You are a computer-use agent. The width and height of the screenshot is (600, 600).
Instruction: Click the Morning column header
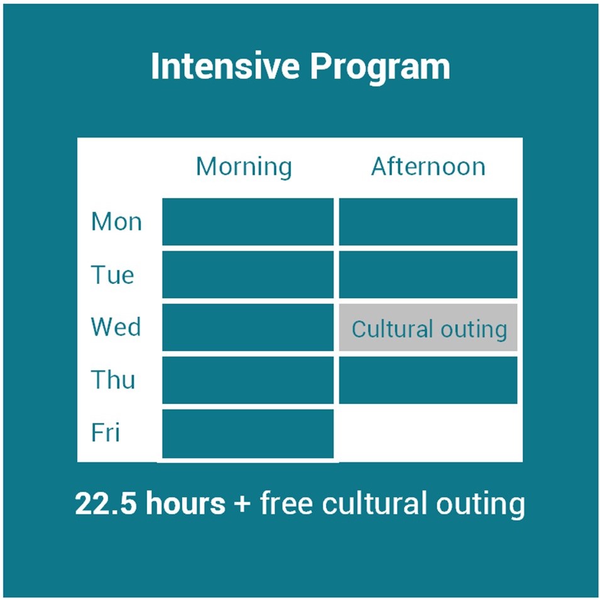[x=244, y=167]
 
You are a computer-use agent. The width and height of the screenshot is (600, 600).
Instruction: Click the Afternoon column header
[x=428, y=166]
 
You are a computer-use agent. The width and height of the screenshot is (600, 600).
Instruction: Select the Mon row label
[x=116, y=222]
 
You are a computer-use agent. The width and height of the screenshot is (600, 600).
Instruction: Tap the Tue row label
[x=112, y=275]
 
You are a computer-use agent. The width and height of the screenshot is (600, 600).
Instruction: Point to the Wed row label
[x=116, y=327]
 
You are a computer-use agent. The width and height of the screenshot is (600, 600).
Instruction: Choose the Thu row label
[x=113, y=379]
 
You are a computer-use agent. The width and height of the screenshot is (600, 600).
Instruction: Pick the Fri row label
[x=105, y=432]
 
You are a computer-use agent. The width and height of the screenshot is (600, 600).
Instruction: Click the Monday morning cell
[x=248, y=222]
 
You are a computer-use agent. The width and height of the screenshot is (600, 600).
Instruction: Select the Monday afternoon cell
[x=428, y=222]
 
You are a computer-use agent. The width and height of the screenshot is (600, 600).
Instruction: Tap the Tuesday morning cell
[x=248, y=275]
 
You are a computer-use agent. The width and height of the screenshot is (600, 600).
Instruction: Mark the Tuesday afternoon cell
[x=428, y=275]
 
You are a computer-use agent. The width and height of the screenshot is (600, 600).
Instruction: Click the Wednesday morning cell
[x=248, y=327]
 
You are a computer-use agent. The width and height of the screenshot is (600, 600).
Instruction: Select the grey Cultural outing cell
[x=428, y=327]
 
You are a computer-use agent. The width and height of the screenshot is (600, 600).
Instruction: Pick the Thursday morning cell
[x=248, y=380]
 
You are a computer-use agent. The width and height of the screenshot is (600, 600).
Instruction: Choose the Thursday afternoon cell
[x=428, y=380]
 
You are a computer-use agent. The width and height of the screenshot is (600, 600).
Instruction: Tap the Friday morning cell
[x=248, y=434]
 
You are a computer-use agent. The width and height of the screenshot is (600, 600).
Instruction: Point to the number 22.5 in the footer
[x=106, y=503]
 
